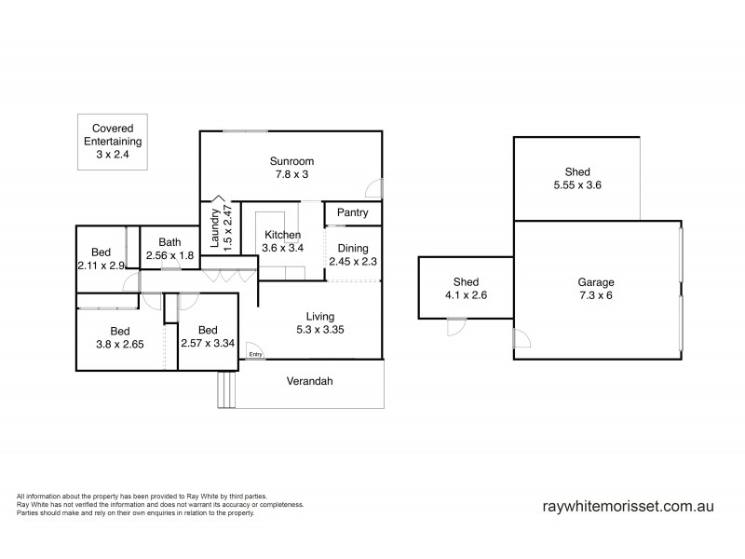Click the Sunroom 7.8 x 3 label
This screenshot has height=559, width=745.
click(290, 167)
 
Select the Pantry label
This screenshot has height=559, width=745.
click(352, 213)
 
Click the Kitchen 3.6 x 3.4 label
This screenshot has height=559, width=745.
click(282, 241)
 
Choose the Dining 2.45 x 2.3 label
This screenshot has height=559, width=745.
click(353, 255)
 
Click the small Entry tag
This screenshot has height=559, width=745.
click(255, 353)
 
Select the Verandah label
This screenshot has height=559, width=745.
click(310, 381)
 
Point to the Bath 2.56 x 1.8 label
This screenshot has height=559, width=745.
click(169, 249)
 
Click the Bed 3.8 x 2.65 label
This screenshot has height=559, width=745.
click(120, 337)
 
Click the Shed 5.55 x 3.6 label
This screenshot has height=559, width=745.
click(577, 179)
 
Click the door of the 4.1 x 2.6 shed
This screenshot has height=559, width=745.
click(456, 327)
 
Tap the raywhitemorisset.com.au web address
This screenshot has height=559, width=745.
click(628, 507)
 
